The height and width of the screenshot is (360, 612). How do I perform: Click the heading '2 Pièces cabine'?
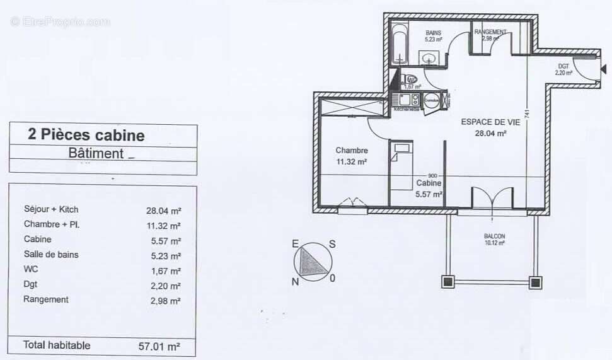(x=86, y=135)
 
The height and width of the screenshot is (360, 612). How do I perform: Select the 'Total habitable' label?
(x=57, y=345)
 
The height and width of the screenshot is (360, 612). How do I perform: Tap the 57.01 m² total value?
(x=159, y=346)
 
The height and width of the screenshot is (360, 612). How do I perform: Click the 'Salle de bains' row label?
(x=51, y=255)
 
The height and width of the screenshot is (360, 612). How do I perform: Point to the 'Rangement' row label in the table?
(x=46, y=299)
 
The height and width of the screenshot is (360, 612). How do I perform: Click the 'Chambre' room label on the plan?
(x=352, y=151)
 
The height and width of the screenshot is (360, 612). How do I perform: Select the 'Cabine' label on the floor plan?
(x=429, y=183)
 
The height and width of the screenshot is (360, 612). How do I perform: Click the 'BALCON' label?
(x=494, y=236)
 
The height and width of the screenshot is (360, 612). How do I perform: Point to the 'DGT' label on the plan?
(x=563, y=66)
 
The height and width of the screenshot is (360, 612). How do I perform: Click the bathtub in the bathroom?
(x=398, y=44)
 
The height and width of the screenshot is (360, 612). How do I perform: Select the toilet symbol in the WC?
(x=411, y=79)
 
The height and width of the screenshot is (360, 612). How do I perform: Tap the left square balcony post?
(x=448, y=281)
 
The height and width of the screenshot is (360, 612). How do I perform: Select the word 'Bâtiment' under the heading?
(x=96, y=153)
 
